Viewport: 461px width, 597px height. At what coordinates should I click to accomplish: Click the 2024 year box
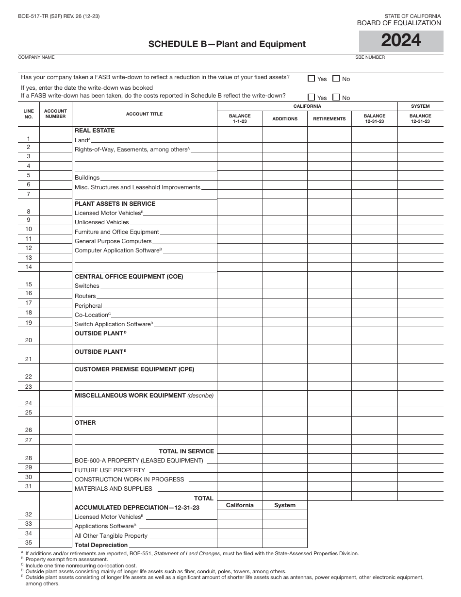pyautogui.click(x=401, y=41)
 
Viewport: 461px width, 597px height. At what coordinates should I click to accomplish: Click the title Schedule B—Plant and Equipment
pyautogui.click(x=227, y=44)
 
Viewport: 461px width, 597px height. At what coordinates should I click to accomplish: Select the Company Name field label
pyautogui.click(x=36, y=57)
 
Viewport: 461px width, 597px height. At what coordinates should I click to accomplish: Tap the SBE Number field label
pyautogui.click(x=370, y=57)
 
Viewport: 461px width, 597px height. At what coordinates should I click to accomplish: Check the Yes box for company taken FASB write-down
pyautogui.click(x=311, y=78)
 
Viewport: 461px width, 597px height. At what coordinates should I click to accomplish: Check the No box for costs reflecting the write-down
pyautogui.click(x=336, y=97)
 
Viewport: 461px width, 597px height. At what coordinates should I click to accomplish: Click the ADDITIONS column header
pyautogui.click(x=285, y=119)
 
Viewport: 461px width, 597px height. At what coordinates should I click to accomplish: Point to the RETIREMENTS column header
pyautogui.click(x=329, y=119)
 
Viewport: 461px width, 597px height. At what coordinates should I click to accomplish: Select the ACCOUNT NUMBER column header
pyautogui.click(x=55, y=114)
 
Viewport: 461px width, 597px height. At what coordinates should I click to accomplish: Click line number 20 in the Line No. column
pyautogui.click(x=29, y=340)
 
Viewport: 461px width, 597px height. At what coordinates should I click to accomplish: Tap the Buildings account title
pyautogui.click(x=87, y=178)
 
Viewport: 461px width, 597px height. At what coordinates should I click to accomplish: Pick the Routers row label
pyautogui.click(x=85, y=296)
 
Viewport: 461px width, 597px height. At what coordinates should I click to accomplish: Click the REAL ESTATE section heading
pyautogui.click(x=95, y=131)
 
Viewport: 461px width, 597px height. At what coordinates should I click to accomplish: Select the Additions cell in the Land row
pyautogui.click(x=285, y=139)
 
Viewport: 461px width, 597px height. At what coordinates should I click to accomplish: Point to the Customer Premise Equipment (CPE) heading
pyautogui.click(x=134, y=369)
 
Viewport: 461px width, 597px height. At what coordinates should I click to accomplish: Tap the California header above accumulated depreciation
pyautogui.click(x=240, y=505)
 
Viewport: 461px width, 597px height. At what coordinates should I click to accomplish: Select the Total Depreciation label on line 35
pyautogui.click(x=101, y=545)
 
